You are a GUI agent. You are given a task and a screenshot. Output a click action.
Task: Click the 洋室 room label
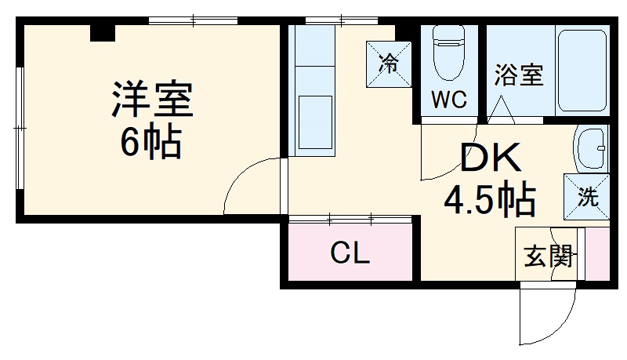point(152,99)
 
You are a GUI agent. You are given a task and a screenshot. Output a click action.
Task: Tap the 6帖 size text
point(151,143)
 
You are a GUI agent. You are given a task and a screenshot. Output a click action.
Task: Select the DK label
point(491,158)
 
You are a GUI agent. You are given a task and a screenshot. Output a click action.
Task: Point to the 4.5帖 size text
point(490,198)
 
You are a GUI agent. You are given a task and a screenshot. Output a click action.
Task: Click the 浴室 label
point(519,75)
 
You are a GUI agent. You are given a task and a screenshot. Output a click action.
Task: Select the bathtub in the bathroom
point(582,71)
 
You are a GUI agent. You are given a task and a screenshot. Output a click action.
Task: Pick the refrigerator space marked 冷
point(389,64)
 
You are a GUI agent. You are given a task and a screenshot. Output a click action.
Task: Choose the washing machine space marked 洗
point(586,196)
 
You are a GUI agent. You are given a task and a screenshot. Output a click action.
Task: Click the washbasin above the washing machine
point(590,148)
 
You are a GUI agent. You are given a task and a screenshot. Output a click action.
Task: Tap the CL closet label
point(350,253)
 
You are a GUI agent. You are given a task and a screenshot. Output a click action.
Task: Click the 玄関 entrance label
point(548,256)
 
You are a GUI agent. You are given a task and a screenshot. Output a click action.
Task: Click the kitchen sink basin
point(315,122)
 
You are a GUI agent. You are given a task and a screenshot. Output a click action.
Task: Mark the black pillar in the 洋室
point(103,33)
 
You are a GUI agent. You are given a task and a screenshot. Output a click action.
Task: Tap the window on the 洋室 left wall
point(20,128)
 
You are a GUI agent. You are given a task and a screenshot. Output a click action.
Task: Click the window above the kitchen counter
point(342,20)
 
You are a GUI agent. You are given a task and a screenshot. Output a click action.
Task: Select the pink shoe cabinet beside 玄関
point(597,254)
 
